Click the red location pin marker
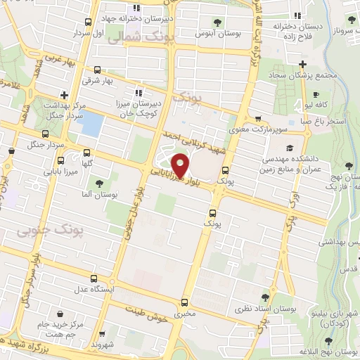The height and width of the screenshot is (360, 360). [181, 165]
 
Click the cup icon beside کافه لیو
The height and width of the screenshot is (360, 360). [316, 94]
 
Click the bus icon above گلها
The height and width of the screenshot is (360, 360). [87, 153]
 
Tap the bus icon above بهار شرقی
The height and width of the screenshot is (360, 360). [96, 70]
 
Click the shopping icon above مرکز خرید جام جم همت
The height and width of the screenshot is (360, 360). [60, 313]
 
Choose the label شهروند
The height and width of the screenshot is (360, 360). [103, 345]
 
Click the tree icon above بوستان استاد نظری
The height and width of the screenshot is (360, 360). [265, 297]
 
